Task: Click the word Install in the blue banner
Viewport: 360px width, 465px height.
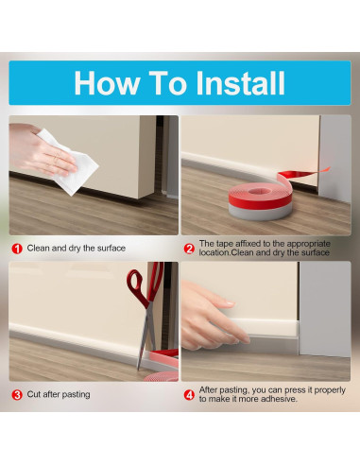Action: coord(240,83)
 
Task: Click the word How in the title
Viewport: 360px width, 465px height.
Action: coord(107,83)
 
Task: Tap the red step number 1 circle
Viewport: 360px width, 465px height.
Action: coord(17,249)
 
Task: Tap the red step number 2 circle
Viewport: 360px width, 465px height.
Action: coord(189,249)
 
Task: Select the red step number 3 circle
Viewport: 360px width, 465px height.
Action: coord(17,395)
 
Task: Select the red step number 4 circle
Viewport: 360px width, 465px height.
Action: coord(189,395)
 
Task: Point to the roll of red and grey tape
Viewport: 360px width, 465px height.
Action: coord(260,201)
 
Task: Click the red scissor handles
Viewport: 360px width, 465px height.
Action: coord(146,284)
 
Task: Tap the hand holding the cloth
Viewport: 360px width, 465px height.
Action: coord(41,149)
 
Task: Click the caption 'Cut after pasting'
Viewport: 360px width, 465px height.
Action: coord(59,394)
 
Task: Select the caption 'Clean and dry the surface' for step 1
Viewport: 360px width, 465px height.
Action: coord(77,249)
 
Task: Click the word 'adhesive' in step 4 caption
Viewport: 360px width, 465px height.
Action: coord(279,399)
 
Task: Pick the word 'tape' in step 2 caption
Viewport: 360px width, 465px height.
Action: coord(224,244)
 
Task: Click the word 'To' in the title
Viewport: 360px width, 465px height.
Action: coord(167,83)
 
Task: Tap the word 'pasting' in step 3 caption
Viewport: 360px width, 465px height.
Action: coord(76,395)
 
